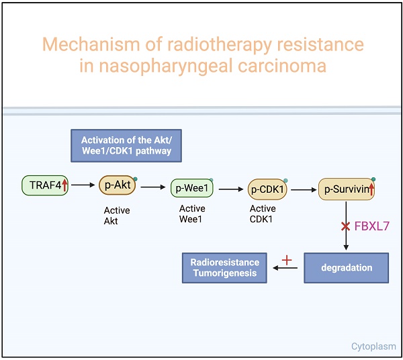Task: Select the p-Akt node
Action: (x=118, y=185)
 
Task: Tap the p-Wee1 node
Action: (x=191, y=189)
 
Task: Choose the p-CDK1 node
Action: (x=267, y=189)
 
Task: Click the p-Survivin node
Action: (x=346, y=189)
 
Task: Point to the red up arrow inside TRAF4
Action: (x=65, y=185)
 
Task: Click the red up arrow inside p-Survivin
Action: (x=371, y=190)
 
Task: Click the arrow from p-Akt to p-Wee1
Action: (x=154, y=188)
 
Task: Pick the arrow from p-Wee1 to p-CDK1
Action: (x=231, y=189)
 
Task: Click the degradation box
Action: (x=347, y=267)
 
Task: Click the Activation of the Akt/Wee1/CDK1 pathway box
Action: (x=126, y=145)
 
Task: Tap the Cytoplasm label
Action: (x=373, y=347)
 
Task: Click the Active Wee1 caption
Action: (x=192, y=214)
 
